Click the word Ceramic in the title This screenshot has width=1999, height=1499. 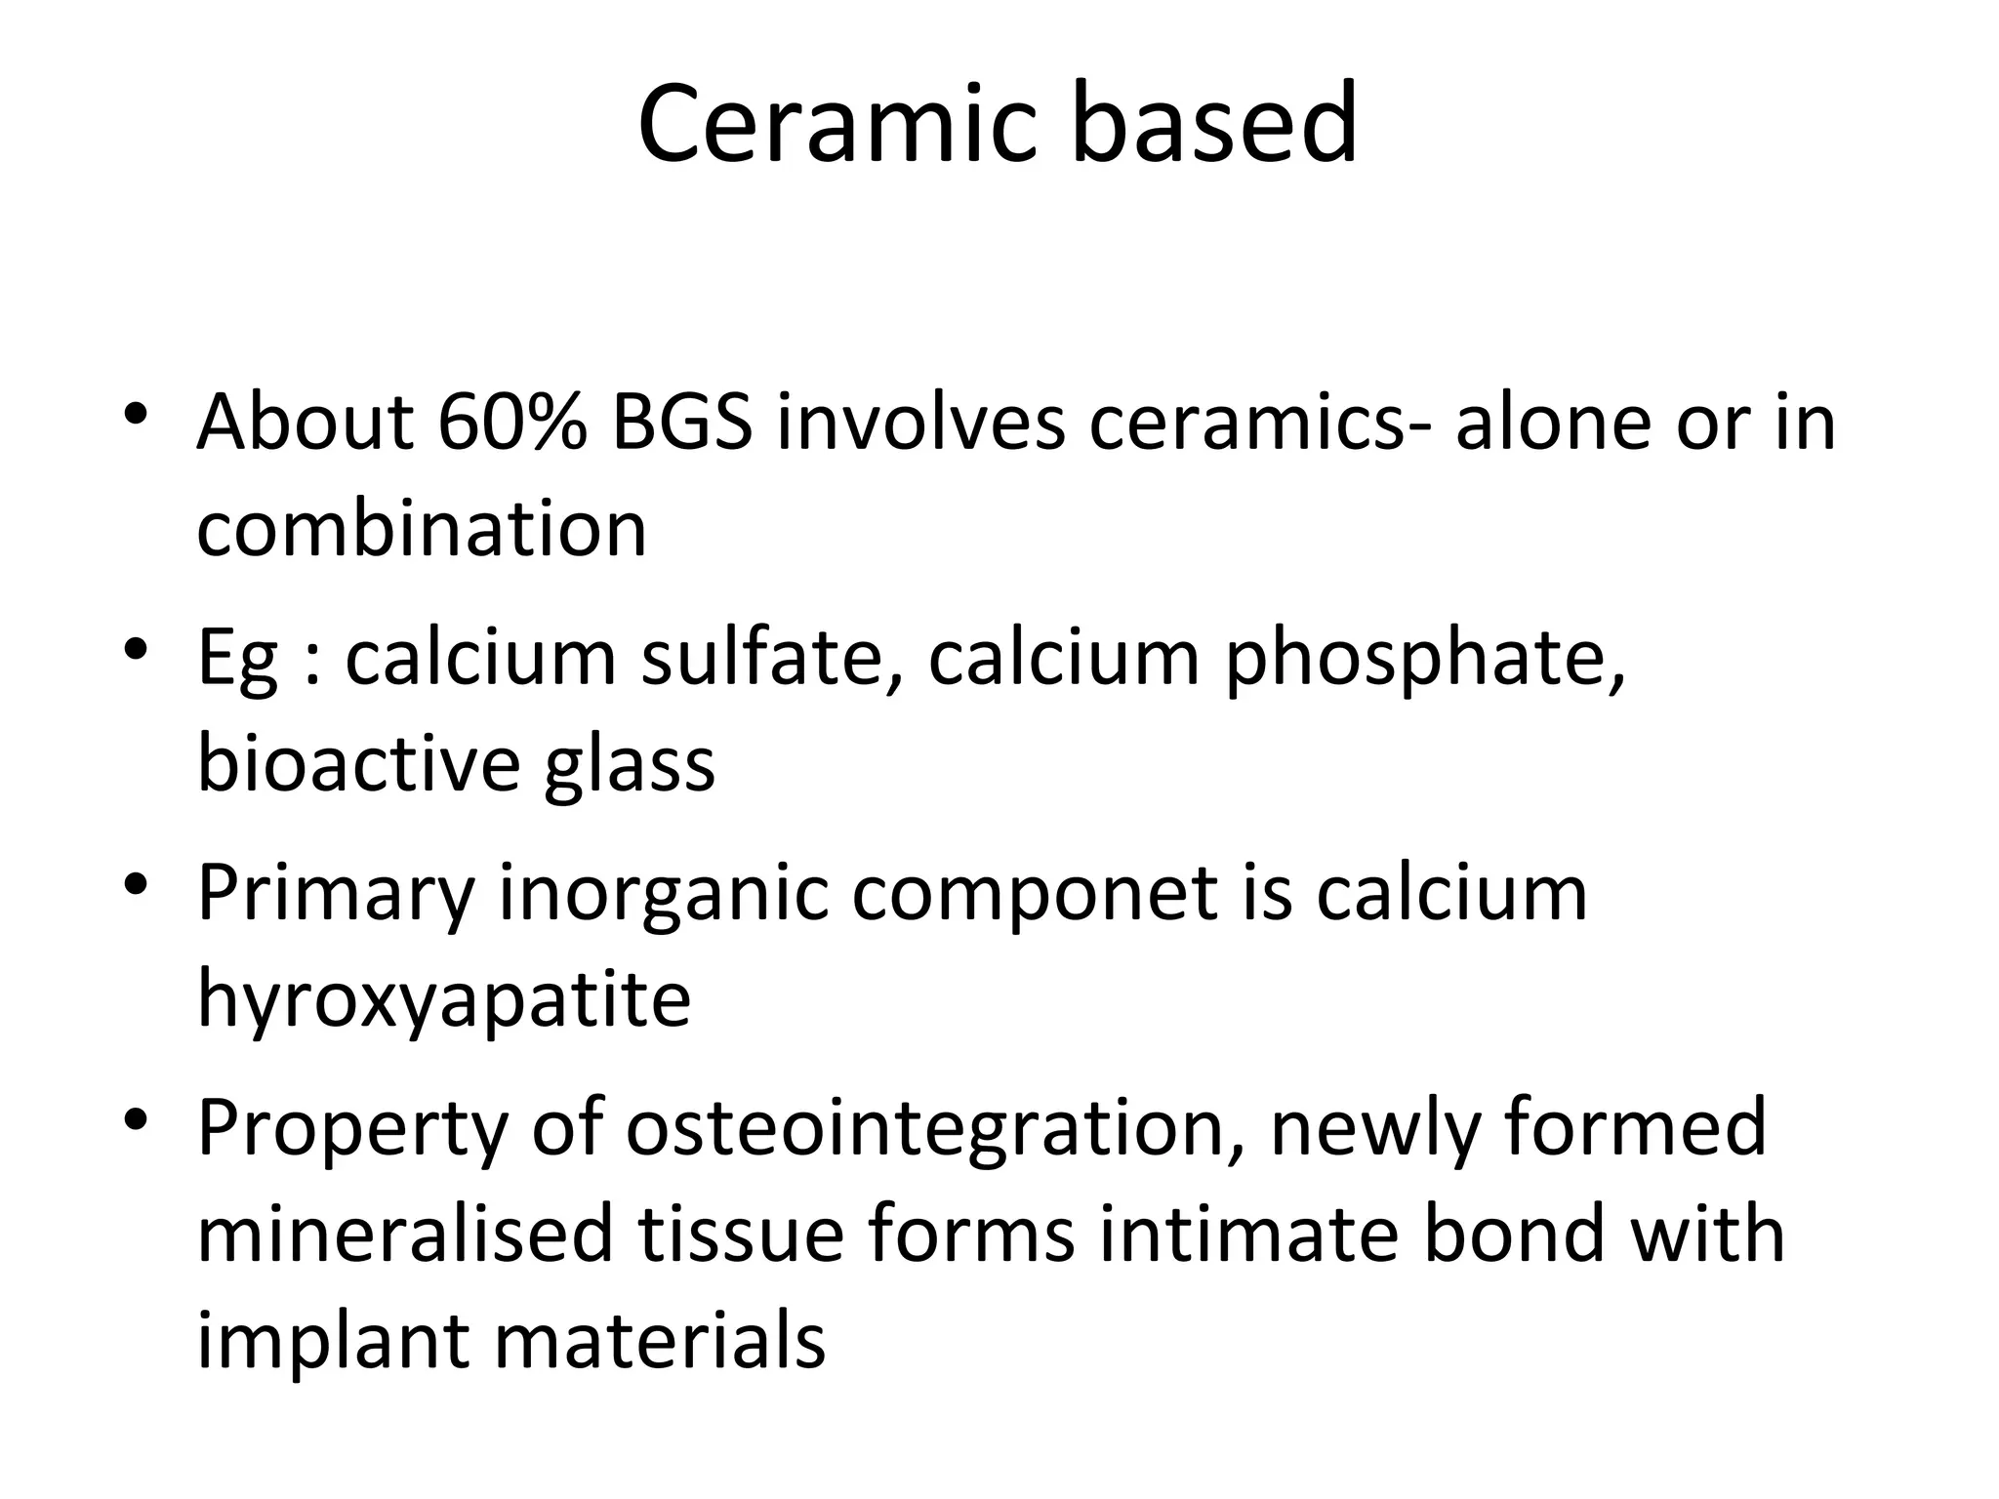(836, 125)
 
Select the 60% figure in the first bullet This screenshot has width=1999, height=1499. (512, 423)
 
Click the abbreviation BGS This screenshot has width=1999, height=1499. (681, 423)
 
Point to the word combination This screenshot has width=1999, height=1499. (422, 530)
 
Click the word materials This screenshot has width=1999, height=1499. (660, 1340)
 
